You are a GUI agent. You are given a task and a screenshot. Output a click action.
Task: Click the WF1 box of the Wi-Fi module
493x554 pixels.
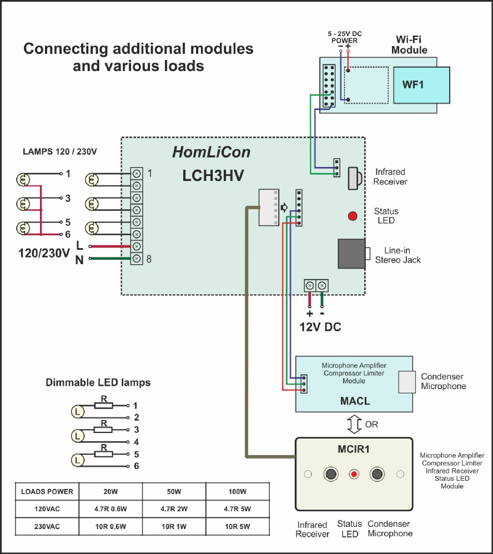[421, 85]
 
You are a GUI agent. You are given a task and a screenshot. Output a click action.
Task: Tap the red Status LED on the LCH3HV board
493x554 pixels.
[353, 216]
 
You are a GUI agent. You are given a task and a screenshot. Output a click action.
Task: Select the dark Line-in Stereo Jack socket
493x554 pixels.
[351, 254]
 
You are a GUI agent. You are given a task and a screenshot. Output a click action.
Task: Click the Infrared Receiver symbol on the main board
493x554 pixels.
[354, 178]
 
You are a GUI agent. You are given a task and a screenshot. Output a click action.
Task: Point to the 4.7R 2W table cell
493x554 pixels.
[174, 509]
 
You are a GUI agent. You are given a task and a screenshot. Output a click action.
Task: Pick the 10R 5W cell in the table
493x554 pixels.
[238, 526]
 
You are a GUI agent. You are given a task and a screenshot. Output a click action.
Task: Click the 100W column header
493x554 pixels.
[238, 491]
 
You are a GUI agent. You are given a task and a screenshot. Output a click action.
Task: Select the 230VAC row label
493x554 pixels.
[47, 526]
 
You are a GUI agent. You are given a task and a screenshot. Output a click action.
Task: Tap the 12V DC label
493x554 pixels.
[320, 327]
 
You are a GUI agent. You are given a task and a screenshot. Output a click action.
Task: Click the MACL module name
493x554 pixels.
[355, 401]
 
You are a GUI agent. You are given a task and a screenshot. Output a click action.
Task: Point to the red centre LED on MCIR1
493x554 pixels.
[354, 474]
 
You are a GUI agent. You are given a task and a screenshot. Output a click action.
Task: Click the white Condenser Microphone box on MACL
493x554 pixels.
[407, 382]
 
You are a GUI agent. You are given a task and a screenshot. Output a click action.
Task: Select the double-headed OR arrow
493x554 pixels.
[354, 424]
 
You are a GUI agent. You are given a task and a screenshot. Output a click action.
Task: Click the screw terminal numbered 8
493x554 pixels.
[137, 259]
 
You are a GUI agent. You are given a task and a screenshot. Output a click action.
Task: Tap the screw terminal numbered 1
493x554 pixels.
[137, 174]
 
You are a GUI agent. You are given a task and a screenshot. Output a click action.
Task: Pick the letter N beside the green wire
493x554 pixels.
[79, 260]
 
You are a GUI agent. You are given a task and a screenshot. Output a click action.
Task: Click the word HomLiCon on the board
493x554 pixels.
[212, 152]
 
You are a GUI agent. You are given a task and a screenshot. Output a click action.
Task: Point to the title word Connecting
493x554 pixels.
[66, 49]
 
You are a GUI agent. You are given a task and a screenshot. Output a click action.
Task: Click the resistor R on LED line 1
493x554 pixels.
[104, 406]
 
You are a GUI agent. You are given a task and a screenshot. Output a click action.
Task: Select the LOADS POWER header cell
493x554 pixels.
[47, 491]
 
